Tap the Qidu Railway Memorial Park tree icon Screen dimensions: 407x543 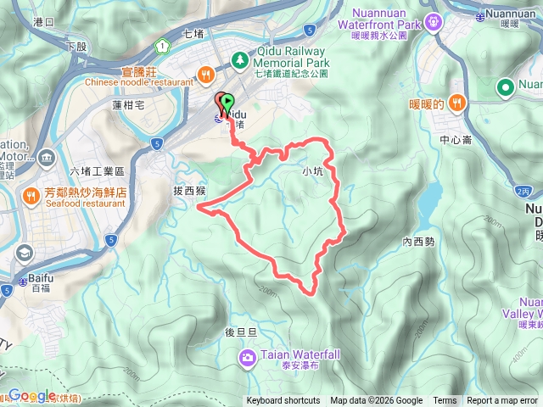(x=240, y=60)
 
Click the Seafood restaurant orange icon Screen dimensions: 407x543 (x=32, y=198)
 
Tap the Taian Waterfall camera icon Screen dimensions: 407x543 (x=247, y=357)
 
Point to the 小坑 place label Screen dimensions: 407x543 (x=312, y=170)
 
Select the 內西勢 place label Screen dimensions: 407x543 (x=418, y=242)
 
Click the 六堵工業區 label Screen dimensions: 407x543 (x=98, y=171)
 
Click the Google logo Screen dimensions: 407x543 (x=32, y=395)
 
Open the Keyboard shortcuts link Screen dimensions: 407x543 (x=283, y=401)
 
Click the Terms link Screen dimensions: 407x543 (x=445, y=401)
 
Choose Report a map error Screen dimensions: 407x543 (x=502, y=401)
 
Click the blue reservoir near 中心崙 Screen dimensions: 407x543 (x=429, y=198)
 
